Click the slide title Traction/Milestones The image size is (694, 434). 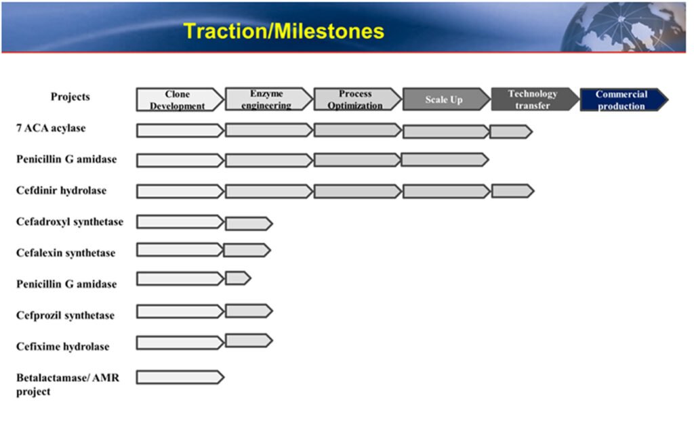click(284, 31)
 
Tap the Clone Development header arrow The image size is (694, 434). click(180, 100)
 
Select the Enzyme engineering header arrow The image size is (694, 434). click(268, 99)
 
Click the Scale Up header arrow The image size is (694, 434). click(446, 99)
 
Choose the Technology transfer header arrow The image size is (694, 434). click(535, 99)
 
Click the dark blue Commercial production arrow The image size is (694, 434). click(624, 100)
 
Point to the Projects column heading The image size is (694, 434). click(70, 96)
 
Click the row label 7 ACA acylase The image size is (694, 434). click(51, 128)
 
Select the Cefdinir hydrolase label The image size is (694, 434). click(61, 190)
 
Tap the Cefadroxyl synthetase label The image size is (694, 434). click(70, 221)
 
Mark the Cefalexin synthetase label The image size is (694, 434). click(66, 253)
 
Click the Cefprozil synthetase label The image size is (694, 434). click(65, 315)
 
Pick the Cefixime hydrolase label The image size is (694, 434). click(62, 347)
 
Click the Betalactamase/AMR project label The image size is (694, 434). click(68, 385)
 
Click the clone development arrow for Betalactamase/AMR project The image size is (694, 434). click(180, 377)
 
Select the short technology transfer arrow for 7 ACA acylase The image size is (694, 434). click(511, 132)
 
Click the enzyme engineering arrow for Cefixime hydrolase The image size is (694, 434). click(249, 341)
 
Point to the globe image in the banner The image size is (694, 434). click(624, 27)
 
